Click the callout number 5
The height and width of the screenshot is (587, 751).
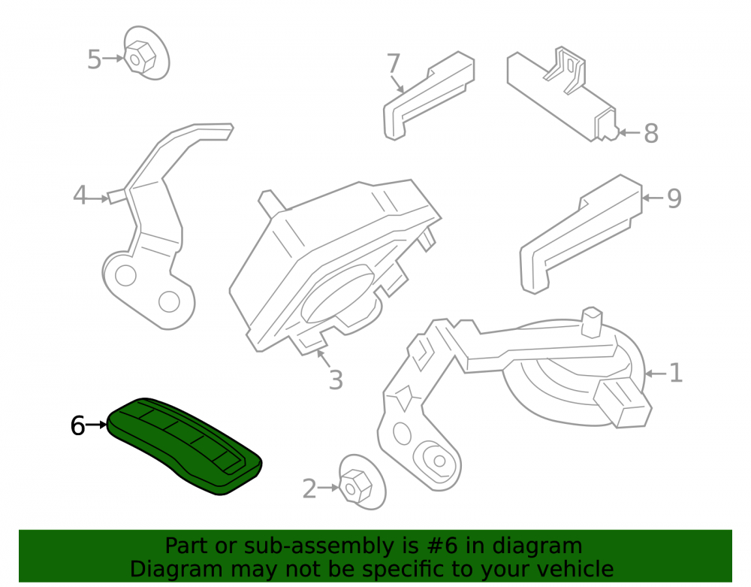coord(94,59)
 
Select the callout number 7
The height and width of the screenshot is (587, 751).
coord(394,63)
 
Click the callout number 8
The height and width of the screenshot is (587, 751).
coord(651,133)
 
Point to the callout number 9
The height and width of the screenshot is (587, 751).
coord(674,198)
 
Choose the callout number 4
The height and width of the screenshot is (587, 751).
coord(80,195)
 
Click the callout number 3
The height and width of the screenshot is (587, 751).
coord(336,380)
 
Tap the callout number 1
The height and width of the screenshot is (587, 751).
coord(675,373)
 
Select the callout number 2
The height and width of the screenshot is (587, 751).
coord(309,489)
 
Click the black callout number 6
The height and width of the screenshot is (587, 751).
coord(77,425)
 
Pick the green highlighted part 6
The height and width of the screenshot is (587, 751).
coord(185,446)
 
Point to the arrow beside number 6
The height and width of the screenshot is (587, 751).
coord(97,425)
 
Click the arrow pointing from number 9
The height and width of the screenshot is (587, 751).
coord(653,198)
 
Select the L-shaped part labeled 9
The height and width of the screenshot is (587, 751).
coord(580,234)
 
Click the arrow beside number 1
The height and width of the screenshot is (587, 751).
coord(656,374)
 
